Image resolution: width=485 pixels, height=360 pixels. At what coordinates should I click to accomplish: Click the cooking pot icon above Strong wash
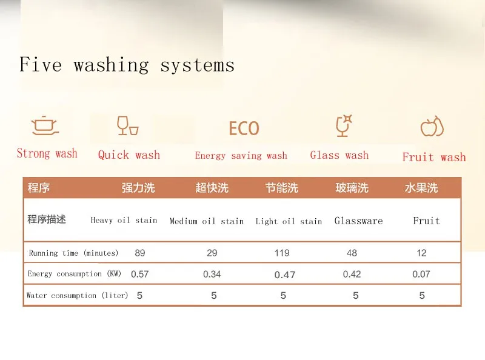[x=45, y=125]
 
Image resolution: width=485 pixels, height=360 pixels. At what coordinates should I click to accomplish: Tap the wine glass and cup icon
[x=128, y=125]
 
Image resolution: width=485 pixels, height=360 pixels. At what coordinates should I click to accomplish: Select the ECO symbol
[x=244, y=128]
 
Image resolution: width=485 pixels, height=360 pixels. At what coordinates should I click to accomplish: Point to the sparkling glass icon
[x=344, y=126]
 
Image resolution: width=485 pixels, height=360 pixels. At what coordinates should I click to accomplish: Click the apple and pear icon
[x=432, y=126]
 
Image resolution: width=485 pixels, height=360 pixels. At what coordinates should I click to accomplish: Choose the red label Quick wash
[x=129, y=155]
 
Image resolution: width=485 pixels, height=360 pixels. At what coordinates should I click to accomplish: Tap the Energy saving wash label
[x=241, y=155]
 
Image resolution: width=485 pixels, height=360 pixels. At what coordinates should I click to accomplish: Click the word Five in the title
[x=41, y=64]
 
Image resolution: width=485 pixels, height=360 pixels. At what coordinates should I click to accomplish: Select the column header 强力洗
[x=138, y=188]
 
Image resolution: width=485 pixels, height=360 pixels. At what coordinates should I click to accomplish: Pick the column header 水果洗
[x=421, y=188]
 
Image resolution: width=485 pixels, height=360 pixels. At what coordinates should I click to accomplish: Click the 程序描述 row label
[x=47, y=219]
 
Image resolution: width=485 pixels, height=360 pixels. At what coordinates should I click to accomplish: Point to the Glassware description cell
[x=358, y=221]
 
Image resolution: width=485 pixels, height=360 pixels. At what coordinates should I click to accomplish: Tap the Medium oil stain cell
[x=207, y=221]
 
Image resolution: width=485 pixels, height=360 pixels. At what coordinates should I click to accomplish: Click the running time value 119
[x=282, y=253]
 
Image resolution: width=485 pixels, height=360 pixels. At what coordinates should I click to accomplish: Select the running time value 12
[x=421, y=253]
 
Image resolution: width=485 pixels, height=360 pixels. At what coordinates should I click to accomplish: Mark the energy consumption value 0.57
[x=140, y=274]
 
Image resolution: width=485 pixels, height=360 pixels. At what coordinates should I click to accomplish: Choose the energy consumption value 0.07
[x=421, y=274]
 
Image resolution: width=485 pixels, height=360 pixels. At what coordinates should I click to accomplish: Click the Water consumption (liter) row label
[x=78, y=296]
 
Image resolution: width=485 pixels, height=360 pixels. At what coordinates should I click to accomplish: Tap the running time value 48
[x=352, y=253]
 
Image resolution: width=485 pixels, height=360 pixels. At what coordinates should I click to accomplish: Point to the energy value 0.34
[x=212, y=274]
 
